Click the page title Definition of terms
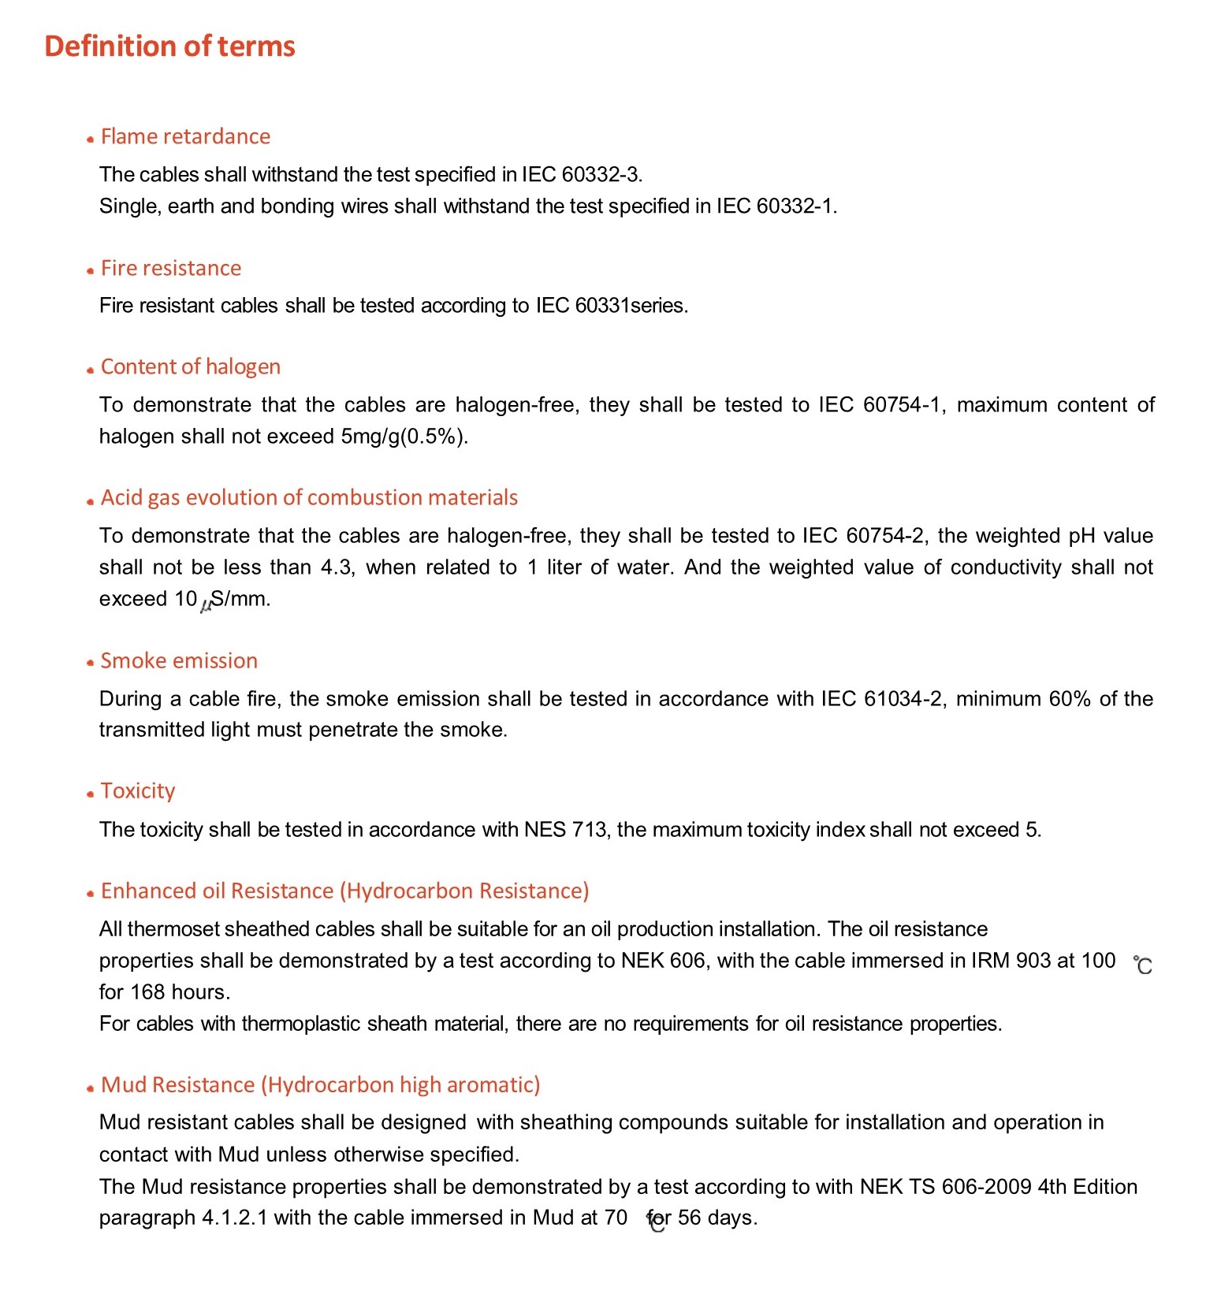pyautogui.click(x=169, y=46)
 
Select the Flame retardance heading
pyautogui.click(x=185, y=136)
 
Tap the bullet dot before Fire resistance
pyautogui.click(x=91, y=270)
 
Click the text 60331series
pyautogui.click(x=631, y=305)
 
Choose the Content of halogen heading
pyautogui.click(x=190, y=366)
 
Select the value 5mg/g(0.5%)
pyautogui.click(x=404, y=436)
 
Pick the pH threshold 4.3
pyautogui.click(x=337, y=567)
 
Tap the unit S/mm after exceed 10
pyautogui.click(x=240, y=598)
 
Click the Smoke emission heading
pyautogui.click(x=179, y=660)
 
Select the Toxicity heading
pyautogui.click(x=138, y=790)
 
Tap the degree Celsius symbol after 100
pyautogui.click(x=1142, y=965)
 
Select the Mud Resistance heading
pyautogui.click(x=320, y=1084)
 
